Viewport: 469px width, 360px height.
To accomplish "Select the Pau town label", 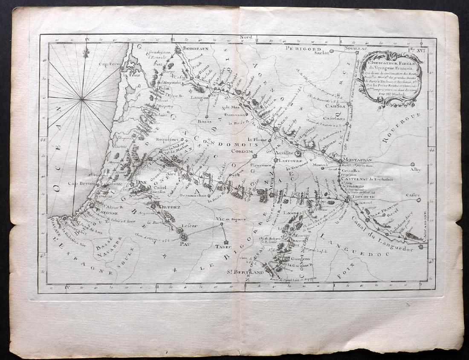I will point(184,244).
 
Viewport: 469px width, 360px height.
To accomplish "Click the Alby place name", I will point(416,169).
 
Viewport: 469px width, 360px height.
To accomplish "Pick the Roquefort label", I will point(169,139).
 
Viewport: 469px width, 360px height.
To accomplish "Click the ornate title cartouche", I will point(388,77).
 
